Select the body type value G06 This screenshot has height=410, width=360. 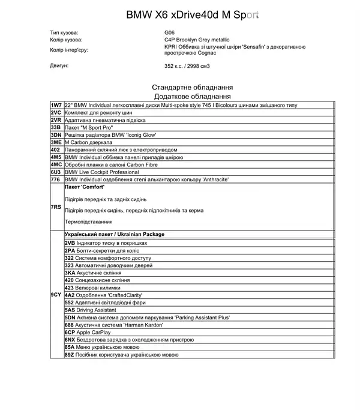coord(169,32)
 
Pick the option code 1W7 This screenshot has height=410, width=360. coord(56,105)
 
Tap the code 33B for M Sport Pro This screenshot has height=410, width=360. coord(56,127)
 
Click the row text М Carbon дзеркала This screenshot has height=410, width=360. coord(90,142)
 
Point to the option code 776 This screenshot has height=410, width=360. coord(56,179)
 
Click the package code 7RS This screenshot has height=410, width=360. coord(56,207)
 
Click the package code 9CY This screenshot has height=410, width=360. coord(56,295)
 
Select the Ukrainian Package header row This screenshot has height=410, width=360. coord(114,234)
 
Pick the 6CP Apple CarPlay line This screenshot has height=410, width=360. coord(88,332)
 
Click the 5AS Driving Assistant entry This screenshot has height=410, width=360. coord(92,310)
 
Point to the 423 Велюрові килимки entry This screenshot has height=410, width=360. coord(93,288)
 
